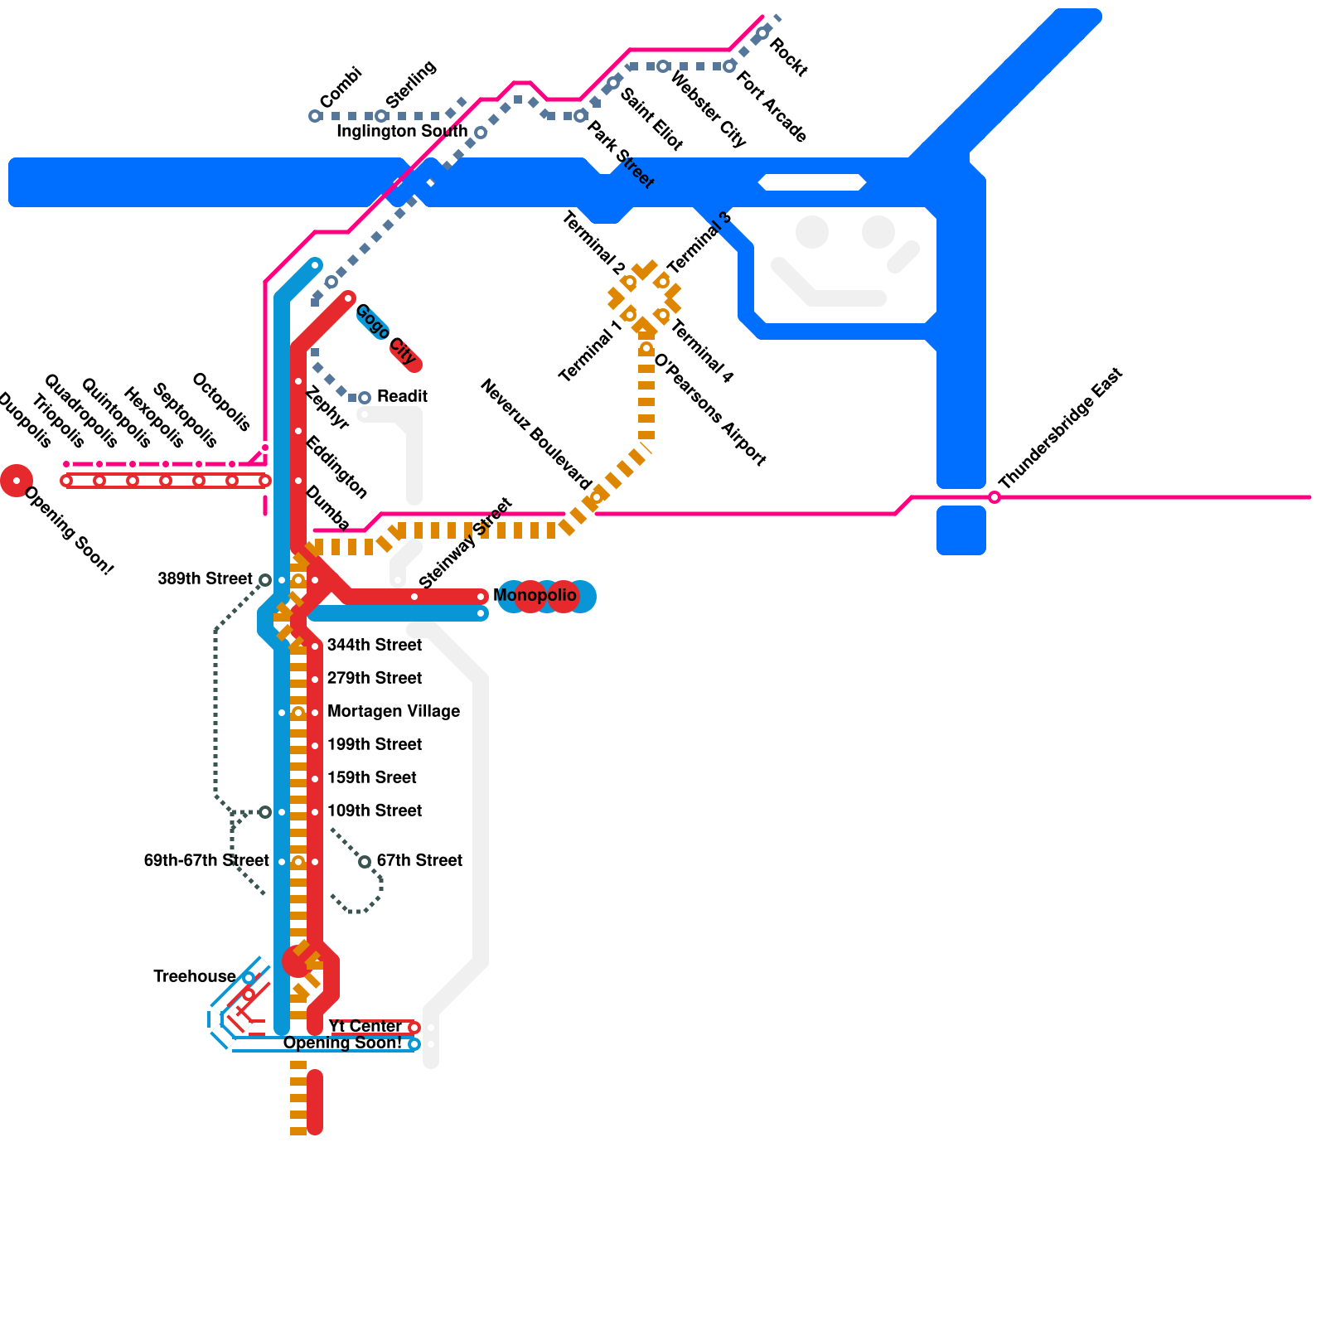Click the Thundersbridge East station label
[1061, 428]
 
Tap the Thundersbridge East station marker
[994, 497]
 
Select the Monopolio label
[535, 596]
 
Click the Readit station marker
[364, 398]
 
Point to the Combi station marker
[315, 116]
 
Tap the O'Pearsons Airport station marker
[646, 349]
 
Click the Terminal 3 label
[700, 243]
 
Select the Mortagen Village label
[394, 712]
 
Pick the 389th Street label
[205, 579]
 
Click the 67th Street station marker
[365, 862]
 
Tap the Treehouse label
[194, 977]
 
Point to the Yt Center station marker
[414, 1028]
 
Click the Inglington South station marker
[481, 133]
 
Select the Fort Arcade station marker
[729, 66]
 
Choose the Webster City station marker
[663, 66]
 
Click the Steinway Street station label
[466, 544]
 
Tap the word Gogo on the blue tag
[372, 321]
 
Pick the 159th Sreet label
[372, 778]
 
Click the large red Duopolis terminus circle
[17, 481]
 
